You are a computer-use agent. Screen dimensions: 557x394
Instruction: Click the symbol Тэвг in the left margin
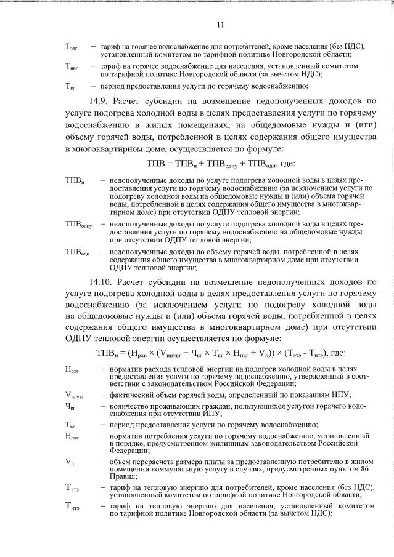[x=72, y=47]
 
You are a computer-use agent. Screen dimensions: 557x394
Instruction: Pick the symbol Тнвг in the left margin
[x=72, y=66]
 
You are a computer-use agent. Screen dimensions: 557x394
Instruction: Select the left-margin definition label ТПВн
[x=74, y=180]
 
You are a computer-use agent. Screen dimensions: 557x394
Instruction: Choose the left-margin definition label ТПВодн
[x=77, y=253]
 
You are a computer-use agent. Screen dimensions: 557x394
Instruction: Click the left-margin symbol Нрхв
[x=72, y=369]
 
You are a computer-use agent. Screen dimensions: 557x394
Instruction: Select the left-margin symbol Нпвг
[x=72, y=436]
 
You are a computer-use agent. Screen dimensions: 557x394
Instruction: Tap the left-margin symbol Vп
[x=70, y=462]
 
